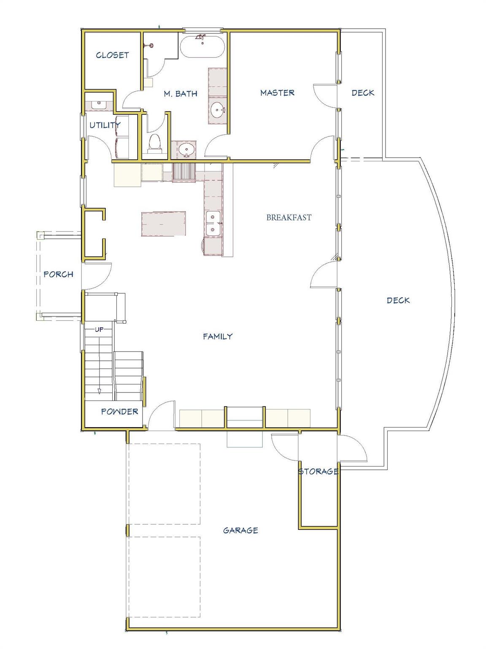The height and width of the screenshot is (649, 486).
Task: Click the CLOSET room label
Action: (112, 55)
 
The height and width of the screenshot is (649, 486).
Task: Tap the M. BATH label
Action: (181, 94)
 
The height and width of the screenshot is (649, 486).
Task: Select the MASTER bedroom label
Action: (277, 93)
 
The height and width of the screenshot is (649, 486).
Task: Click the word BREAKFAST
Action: (289, 218)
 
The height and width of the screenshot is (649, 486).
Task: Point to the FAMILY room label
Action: (218, 337)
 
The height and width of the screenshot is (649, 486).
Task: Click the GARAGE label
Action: (240, 530)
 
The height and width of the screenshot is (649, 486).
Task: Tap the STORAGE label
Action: (318, 472)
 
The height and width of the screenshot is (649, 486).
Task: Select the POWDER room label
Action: (119, 412)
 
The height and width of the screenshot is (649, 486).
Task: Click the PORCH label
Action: (58, 275)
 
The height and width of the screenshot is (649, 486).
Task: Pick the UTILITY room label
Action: (105, 125)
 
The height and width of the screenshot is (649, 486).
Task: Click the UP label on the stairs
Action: (99, 330)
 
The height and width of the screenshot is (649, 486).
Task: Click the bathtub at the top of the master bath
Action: (202, 46)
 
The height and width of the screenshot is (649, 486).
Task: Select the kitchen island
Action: (163, 223)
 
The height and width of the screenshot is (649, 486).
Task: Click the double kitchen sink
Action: (213, 224)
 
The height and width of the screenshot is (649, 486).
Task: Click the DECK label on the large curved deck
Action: (398, 301)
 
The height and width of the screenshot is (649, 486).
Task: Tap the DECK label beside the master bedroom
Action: (363, 93)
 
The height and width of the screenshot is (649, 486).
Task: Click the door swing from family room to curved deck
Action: (324, 275)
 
